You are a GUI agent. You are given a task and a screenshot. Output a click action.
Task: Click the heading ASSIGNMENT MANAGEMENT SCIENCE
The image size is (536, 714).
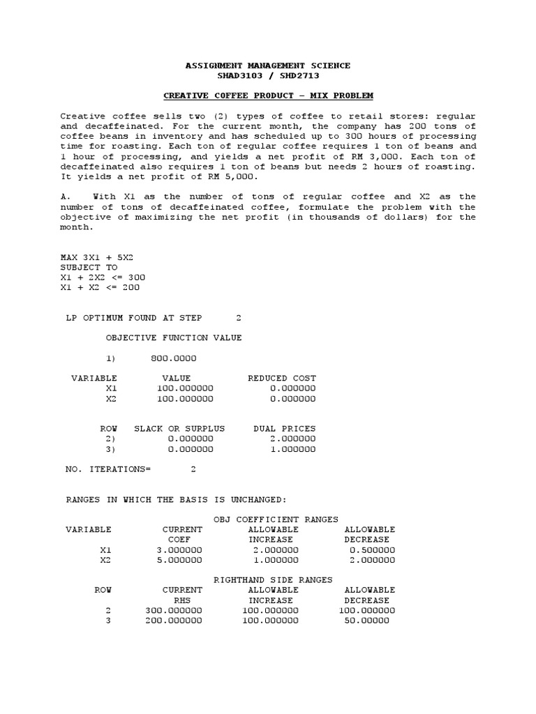267,66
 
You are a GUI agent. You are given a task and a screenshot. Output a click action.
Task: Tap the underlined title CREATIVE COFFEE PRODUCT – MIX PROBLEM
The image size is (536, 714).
267,95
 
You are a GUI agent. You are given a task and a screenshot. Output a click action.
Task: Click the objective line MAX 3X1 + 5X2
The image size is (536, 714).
96,257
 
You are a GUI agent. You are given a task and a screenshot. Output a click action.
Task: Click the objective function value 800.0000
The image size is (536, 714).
173,358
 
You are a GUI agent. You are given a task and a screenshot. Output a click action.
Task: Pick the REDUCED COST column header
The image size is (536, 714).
281,378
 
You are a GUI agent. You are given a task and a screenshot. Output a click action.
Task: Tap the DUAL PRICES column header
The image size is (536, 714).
284,428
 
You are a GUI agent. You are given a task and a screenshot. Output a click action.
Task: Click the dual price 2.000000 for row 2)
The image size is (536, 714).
292,439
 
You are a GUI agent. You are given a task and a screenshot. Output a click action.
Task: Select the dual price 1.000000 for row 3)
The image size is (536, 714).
292,449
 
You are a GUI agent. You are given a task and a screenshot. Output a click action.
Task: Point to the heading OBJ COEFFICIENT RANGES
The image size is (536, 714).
276,519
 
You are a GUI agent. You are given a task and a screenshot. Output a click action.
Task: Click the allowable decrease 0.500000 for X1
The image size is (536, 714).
372,549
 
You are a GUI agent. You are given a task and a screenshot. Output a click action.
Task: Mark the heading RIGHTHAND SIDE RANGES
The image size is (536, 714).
272,579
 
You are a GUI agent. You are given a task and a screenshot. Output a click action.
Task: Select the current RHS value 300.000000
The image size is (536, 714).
174,610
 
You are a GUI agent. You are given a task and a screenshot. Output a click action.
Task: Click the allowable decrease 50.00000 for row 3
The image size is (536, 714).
367,620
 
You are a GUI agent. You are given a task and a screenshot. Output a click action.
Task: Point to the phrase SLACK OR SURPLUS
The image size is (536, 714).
179,428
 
